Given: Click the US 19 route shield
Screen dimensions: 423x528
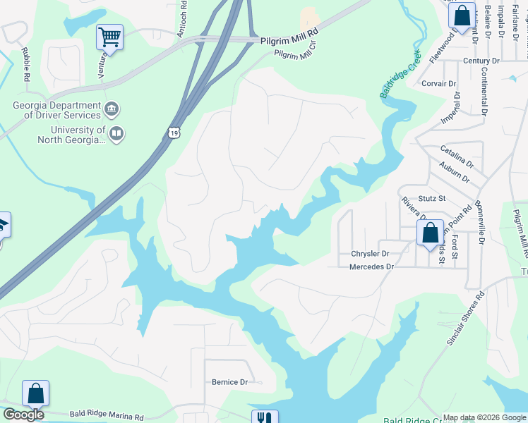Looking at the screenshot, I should click(x=174, y=132).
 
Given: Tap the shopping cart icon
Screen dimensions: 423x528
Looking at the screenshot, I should click(x=109, y=36).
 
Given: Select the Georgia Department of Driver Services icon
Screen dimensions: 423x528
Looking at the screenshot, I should click(x=112, y=110).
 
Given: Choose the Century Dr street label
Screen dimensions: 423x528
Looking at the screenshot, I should click(x=481, y=61).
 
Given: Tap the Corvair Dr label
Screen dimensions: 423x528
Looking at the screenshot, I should click(x=438, y=83).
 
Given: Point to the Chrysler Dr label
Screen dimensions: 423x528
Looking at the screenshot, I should click(x=370, y=253).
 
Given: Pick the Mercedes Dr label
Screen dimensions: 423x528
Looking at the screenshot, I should click(x=371, y=266).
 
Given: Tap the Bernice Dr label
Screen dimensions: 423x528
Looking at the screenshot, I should click(x=230, y=382).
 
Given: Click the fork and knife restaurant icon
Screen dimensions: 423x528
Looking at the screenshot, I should click(x=265, y=418).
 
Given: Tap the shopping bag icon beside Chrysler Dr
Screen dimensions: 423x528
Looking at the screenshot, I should click(x=430, y=233).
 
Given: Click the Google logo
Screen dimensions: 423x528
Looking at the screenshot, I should click(x=23, y=415).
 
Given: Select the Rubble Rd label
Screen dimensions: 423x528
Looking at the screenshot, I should click(x=25, y=63).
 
